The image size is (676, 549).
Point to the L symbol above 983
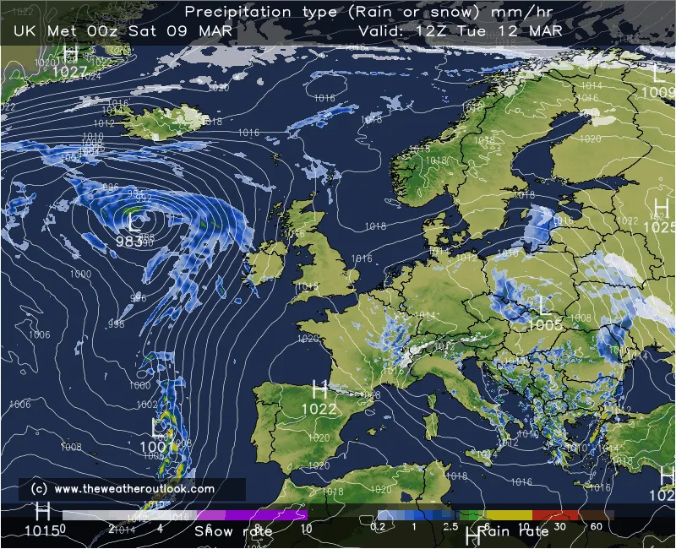pyautogui.click(x=134, y=222)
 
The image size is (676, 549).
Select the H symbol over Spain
pyautogui.click(x=319, y=390)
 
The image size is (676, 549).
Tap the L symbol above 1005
pyautogui.click(x=544, y=305)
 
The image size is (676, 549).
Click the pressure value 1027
pyautogui.click(x=69, y=72)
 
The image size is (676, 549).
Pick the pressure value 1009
pyautogui.click(x=658, y=92)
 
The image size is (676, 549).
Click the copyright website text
pyautogui.click(x=123, y=489)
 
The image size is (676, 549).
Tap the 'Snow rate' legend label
pyautogui.click(x=233, y=531)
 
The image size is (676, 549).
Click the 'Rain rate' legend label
pyautogui.click(x=514, y=531)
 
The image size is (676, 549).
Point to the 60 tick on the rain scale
pyautogui.click(x=597, y=527)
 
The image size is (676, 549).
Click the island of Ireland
pyautogui.click(x=264, y=261)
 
